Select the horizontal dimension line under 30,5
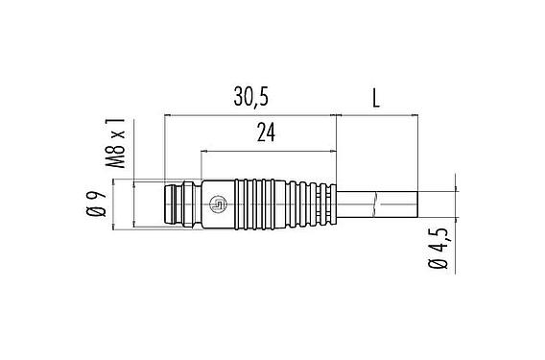coord(250,115)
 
